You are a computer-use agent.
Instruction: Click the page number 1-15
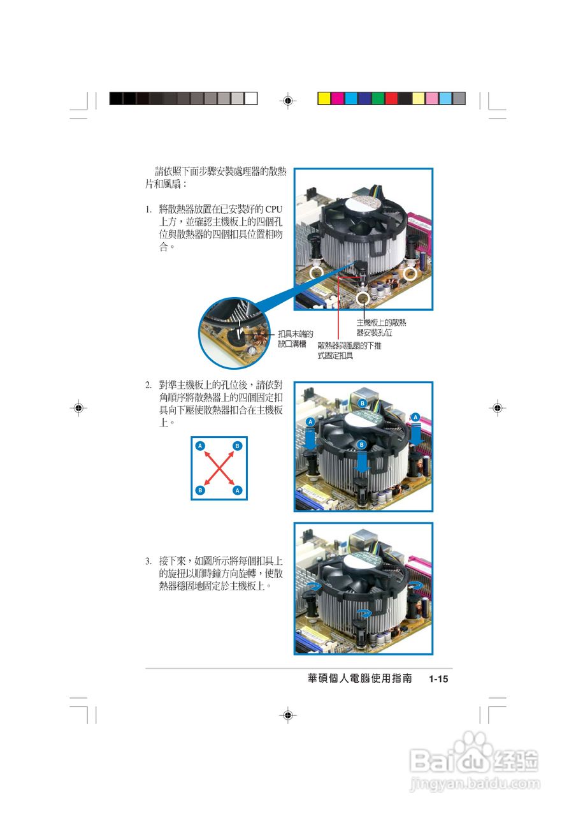439,680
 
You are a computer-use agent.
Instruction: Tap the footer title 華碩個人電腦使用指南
359,679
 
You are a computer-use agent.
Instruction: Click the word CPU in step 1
273,209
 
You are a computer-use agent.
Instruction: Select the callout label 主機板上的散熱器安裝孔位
380,328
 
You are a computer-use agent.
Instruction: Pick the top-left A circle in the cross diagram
200,446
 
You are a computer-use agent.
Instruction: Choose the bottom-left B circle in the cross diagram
200,490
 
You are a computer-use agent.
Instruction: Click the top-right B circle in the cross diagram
237,446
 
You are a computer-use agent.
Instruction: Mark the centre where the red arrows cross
219,468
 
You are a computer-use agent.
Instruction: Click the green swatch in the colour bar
378,98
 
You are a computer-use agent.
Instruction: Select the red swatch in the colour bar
391,98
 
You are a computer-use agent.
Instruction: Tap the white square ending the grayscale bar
251,98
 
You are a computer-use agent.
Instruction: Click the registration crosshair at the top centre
288,100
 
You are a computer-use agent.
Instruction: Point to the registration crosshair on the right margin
497,407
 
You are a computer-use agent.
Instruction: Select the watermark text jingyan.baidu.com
475,783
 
